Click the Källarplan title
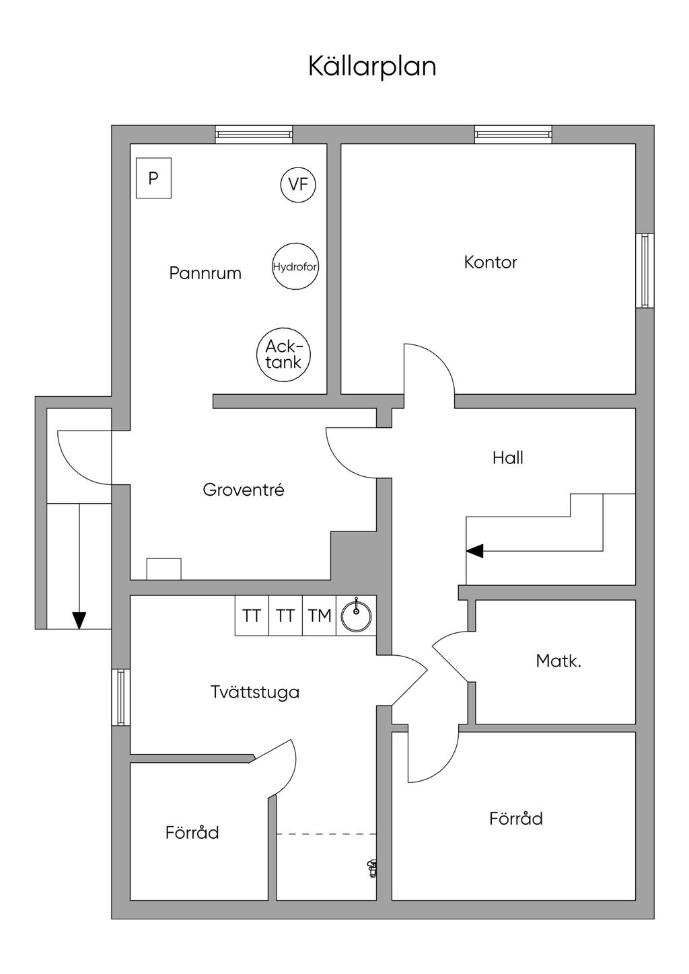pyautogui.click(x=372, y=67)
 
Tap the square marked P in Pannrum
pyautogui.click(x=153, y=178)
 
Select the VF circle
pyautogui.click(x=298, y=184)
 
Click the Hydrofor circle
pyautogui.click(x=295, y=267)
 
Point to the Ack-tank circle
pyautogui.click(x=283, y=354)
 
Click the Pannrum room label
pyautogui.click(x=205, y=273)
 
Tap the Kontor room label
pyautogui.click(x=491, y=262)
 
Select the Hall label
pyautogui.click(x=507, y=458)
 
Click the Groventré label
pyautogui.click(x=244, y=490)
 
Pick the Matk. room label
pyautogui.click(x=558, y=661)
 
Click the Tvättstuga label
pyautogui.click(x=254, y=692)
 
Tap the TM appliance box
pyautogui.click(x=320, y=615)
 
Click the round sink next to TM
pyautogui.click(x=357, y=615)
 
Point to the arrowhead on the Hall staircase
pyautogui.click(x=475, y=551)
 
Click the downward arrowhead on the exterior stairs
pyautogui.click(x=79, y=620)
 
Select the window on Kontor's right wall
pyautogui.click(x=645, y=270)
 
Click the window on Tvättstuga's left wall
pyautogui.click(x=120, y=697)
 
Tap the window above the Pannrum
pyautogui.click(x=254, y=135)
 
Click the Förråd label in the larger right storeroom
pyautogui.click(x=516, y=819)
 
